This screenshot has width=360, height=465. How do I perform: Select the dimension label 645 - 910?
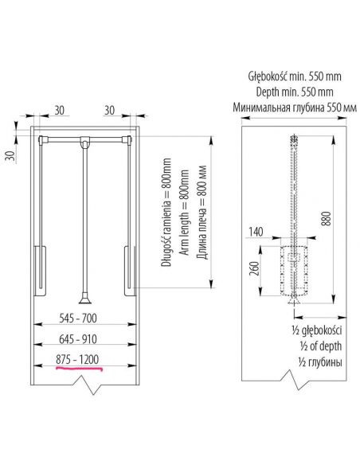coord(77,338)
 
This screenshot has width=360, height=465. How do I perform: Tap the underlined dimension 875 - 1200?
coord(77,358)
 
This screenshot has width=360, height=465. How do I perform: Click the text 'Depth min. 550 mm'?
coord(294,92)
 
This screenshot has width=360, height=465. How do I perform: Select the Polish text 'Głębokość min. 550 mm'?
coord(294,77)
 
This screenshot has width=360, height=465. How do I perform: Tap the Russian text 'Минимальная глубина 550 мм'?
coord(294,107)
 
